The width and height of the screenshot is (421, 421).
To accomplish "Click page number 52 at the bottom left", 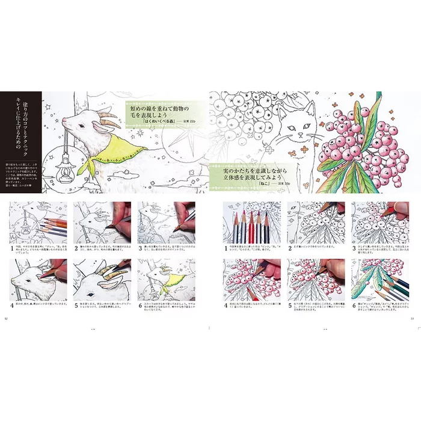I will [x=7, y=319].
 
